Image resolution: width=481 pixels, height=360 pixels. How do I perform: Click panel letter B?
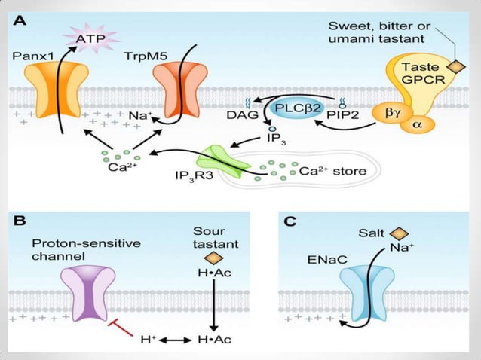pos(20,222)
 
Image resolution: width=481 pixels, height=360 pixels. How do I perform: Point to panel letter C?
pos(286,222)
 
